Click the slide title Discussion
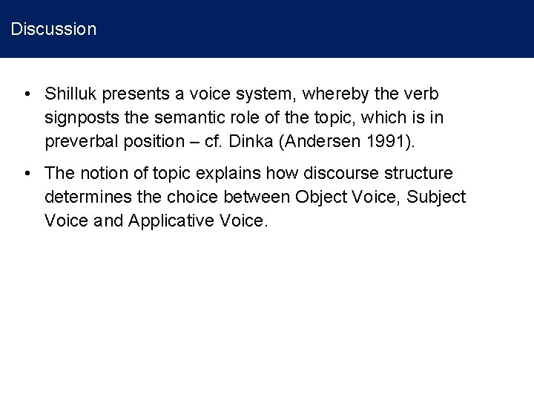coord(53,30)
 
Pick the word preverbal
coord(81,141)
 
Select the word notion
coord(102,174)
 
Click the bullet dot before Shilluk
coord(27,95)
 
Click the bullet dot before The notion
coord(27,174)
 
